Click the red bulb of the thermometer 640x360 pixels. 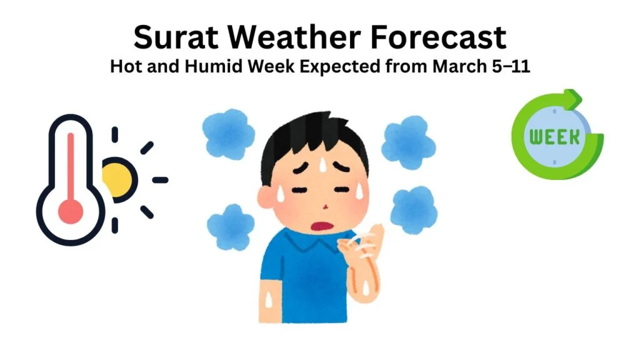(71, 211)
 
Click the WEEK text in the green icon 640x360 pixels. (554, 137)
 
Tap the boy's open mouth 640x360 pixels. (321, 226)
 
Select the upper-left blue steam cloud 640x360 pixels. (228, 134)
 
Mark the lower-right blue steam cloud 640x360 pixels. (413, 211)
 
